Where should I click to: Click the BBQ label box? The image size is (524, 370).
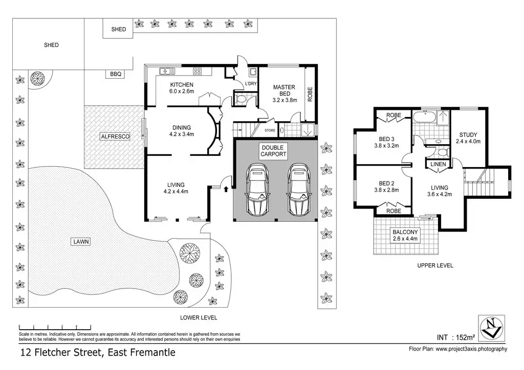point(116,74)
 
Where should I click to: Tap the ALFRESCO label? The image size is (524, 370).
point(115,136)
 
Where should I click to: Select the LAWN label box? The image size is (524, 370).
point(81,242)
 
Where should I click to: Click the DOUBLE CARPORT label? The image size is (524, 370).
point(274,151)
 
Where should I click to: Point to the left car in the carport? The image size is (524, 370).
point(257,190)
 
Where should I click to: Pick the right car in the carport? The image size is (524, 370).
point(299,190)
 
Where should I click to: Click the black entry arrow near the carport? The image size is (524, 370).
point(226,189)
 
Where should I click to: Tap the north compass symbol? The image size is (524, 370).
point(491,328)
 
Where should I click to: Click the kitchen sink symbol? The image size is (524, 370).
point(167,71)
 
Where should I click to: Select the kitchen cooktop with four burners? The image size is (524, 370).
point(197,71)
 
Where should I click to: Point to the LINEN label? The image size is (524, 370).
point(438,164)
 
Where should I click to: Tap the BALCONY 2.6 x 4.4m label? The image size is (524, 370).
point(405,235)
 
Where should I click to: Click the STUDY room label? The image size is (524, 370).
point(468,138)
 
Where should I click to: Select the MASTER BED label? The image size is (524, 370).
point(285,90)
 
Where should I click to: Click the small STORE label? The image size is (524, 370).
point(270,130)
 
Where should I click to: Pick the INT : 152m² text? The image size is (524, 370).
point(456,337)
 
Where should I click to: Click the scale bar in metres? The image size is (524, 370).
point(55,327)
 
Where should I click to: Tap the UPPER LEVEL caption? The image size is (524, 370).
point(435,266)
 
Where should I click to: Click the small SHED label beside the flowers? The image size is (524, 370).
point(119,29)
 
